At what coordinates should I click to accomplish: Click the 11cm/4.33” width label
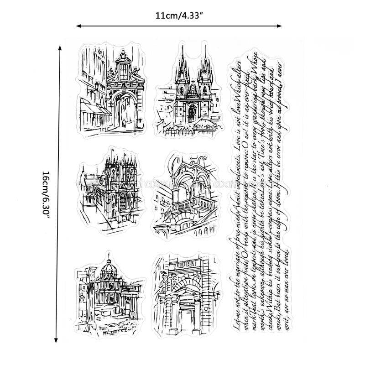pos(179,16)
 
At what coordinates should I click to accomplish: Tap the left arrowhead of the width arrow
pos(78,26)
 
